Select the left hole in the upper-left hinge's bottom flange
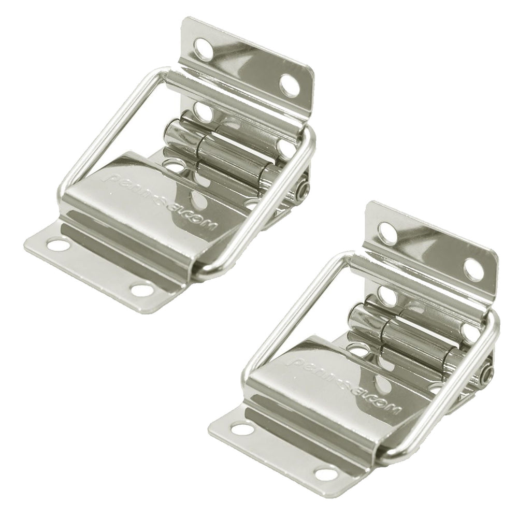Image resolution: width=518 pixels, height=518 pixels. click(58, 244)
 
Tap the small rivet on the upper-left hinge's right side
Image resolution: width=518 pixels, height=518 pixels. click(304, 190)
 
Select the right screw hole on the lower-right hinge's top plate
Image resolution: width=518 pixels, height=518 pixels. click(473, 269)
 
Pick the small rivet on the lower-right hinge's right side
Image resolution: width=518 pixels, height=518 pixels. click(487, 374)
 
